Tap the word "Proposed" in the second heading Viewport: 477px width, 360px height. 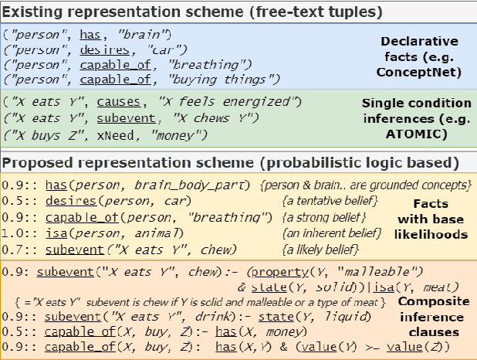[x=36, y=163]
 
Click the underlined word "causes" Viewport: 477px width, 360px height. [x=121, y=101]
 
